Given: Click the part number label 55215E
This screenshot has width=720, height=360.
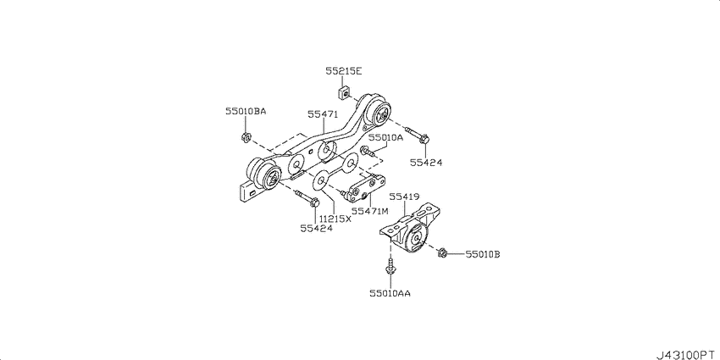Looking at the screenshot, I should [x=343, y=72].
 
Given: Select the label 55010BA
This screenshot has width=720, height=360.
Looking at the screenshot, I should [x=246, y=111].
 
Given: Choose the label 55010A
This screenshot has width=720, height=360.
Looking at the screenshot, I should [x=386, y=137].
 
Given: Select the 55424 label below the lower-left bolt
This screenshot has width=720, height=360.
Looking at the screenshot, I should [x=316, y=227].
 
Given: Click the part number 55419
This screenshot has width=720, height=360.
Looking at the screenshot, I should [x=404, y=197].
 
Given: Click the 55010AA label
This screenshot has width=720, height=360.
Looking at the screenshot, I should [x=390, y=294].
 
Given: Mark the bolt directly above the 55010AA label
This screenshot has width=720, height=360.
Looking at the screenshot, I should [x=391, y=270].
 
